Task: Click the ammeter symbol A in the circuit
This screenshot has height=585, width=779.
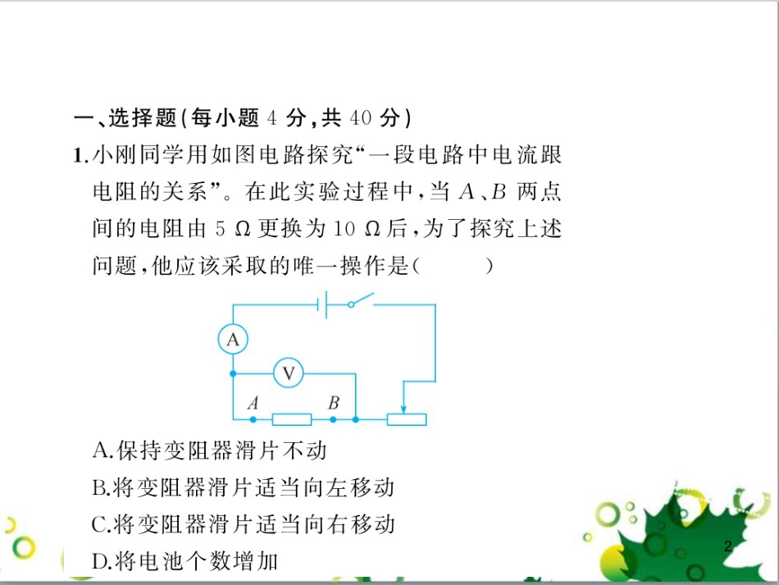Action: tap(233, 339)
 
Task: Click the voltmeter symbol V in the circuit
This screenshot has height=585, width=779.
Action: tap(288, 374)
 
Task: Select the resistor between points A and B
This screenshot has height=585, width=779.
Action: tap(291, 420)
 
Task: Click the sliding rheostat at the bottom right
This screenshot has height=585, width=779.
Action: tap(406, 420)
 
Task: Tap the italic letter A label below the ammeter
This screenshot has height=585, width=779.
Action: tap(253, 403)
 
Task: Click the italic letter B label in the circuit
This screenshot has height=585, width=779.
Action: tap(333, 403)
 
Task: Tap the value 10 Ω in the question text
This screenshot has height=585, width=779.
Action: tap(354, 229)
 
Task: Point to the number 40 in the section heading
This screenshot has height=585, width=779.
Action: tap(362, 118)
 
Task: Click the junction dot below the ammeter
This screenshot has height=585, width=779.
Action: tap(233, 374)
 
